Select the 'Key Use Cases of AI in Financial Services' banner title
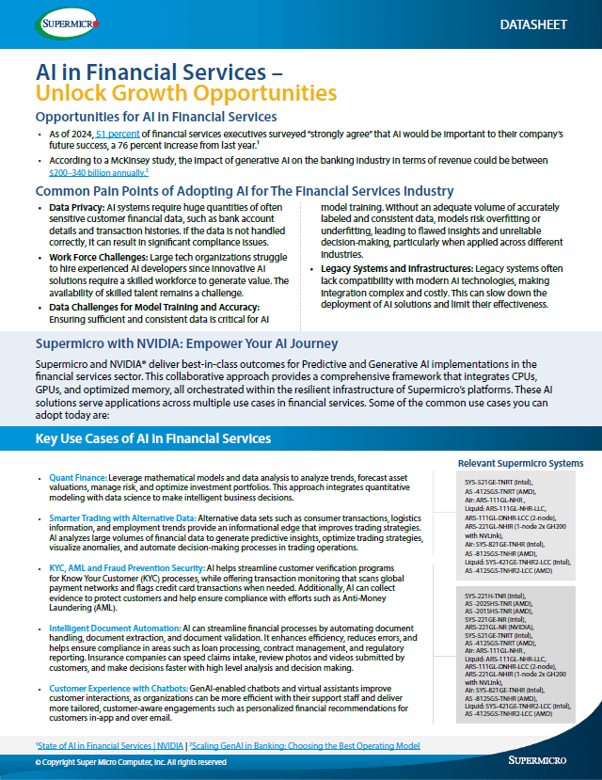152,438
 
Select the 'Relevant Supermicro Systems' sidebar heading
520,464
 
